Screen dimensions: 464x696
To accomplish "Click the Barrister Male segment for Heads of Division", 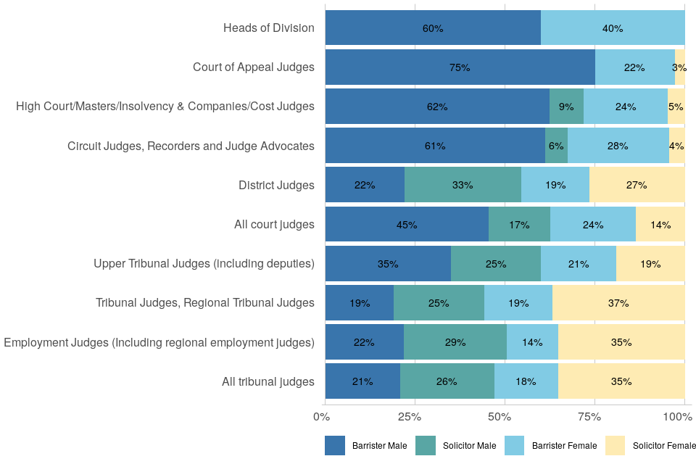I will [433, 28].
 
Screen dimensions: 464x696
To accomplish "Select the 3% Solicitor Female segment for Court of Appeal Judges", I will [679, 67].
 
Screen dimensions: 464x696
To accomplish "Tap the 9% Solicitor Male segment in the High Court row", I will [566, 107].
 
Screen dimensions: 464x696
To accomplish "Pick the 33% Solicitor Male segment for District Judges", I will [463, 185].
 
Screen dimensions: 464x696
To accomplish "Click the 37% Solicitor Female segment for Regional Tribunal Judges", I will [618, 303].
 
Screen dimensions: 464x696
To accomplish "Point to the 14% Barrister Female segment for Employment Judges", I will [532, 342].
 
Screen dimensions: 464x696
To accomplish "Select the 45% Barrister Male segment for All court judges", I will [407, 225].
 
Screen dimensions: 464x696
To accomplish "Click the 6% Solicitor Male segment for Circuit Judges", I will [556, 146].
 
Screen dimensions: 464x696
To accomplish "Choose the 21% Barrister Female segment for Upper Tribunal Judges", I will [578, 264].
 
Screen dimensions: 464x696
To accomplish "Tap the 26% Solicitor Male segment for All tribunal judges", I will [447, 381].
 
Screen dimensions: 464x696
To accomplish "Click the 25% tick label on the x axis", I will [410, 417].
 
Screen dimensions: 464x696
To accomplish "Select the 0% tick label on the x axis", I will [321, 417].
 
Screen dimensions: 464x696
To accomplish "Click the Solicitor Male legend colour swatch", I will [426, 446].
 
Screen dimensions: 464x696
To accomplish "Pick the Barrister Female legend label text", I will [565, 446].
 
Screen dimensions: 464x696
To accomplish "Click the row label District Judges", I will [276, 185].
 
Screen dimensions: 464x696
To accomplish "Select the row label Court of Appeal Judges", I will [254, 67].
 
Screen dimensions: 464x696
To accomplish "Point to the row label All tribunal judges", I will [268, 381].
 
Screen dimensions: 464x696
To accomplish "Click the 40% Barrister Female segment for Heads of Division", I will [613, 28].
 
